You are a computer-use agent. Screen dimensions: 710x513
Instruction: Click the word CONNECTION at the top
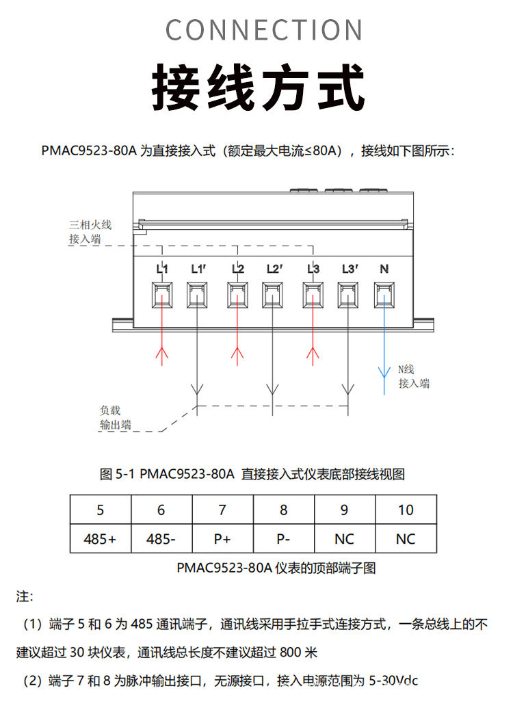(264, 30)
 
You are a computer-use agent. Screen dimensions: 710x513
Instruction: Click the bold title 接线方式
(258, 87)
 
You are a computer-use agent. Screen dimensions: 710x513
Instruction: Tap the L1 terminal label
(162, 269)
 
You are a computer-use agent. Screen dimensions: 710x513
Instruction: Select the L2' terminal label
(275, 269)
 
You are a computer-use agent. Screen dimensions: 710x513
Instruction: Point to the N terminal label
(384, 269)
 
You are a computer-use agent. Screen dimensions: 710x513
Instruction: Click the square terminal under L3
(313, 295)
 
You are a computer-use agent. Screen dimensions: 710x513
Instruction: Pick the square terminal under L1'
(198, 295)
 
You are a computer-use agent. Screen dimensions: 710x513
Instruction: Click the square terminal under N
(384, 295)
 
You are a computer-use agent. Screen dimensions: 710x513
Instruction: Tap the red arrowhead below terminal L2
(237, 353)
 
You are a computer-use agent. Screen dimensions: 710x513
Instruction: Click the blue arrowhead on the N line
(384, 372)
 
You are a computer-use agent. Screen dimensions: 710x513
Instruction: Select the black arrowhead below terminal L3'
(350, 391)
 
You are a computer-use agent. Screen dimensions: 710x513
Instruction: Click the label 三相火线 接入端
(90, 231)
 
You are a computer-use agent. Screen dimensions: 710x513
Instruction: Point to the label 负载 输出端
(114, 418)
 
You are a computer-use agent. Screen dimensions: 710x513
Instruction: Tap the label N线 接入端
(414, 376)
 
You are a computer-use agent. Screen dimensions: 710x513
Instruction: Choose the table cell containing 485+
(101, 539)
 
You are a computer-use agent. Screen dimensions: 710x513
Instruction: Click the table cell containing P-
(284, 539)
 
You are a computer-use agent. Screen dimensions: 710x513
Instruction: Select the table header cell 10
(406, 510)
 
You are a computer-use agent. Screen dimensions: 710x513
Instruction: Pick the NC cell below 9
(344, 539)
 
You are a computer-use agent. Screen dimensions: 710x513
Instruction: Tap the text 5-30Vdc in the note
(393, 681)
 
